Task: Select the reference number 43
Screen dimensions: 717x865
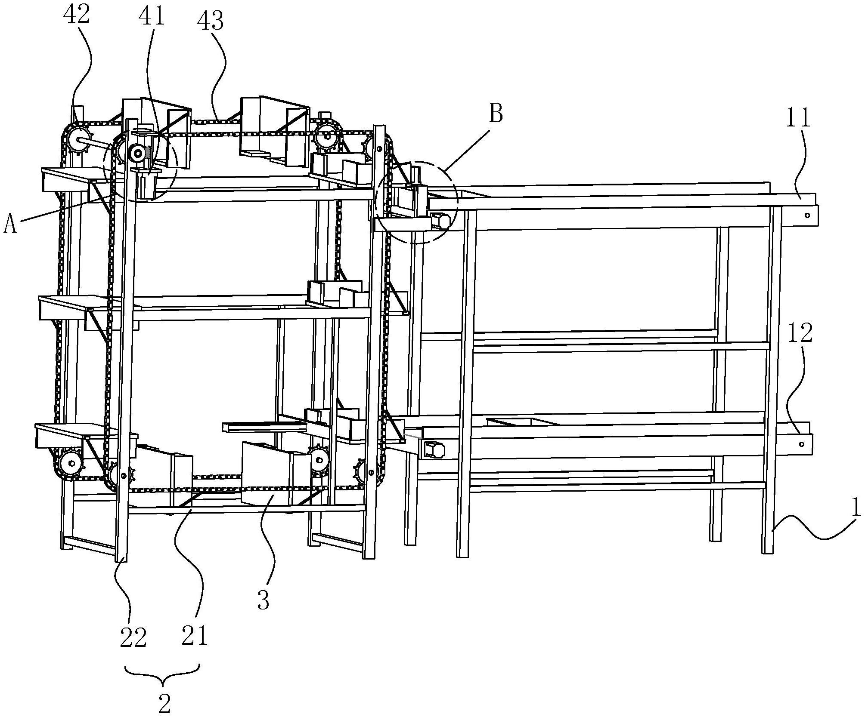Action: click(211, 21)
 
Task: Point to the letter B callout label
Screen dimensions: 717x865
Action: click(496, 114)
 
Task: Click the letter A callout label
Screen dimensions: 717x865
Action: click(10, 224)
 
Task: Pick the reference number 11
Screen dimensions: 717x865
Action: click(798, 117)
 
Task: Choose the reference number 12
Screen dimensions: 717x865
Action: click(800, 332)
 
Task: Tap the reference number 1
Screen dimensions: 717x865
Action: click(856, 508)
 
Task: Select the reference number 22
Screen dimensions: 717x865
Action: click(133, 638)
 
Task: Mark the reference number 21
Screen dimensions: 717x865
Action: click(195, 636)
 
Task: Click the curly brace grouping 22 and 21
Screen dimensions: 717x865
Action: click(162, 674)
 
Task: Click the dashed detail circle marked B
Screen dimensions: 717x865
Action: click(417, 202)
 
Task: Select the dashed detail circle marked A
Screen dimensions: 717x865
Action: click(140, 166)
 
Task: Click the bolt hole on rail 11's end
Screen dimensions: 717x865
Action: click(807, 215)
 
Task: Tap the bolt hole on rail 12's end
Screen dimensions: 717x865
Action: click(801, 444)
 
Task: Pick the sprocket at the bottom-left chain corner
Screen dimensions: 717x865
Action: click(71, 464)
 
